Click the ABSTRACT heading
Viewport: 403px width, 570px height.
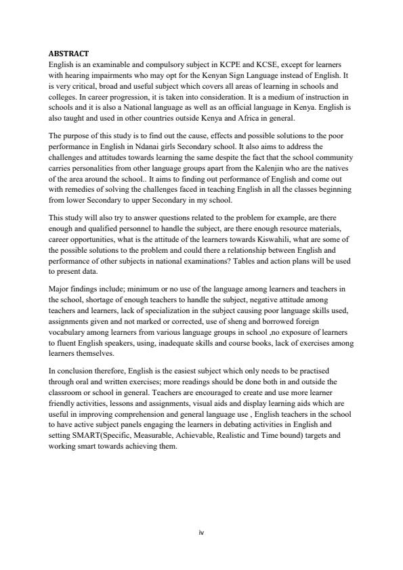point(69,53)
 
